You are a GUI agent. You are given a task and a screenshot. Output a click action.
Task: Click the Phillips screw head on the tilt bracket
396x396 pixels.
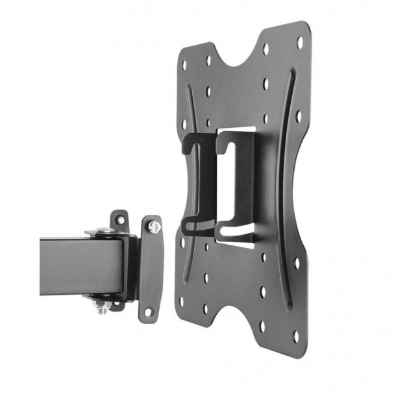pyautogui.click(x=155, y=227)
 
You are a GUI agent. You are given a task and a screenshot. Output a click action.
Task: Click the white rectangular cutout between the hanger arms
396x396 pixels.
pyautogui.click(x=212, y=182)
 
